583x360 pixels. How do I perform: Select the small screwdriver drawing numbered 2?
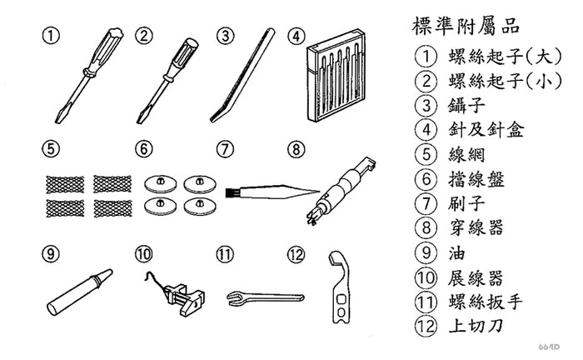[x=171, y=75]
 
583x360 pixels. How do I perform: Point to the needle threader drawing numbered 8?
[x=342, y=188]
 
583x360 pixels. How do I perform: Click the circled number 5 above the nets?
[x=52, y=149]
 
